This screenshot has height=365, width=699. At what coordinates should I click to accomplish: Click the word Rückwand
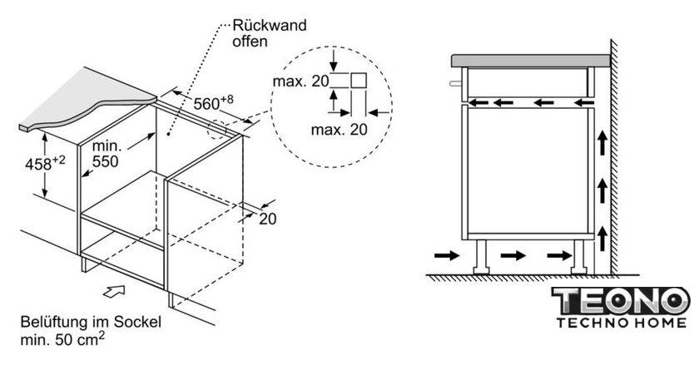tap(270, 26)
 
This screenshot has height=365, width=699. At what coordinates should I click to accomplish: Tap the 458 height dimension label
tap(45, 163)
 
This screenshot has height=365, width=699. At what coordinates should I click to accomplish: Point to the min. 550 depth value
tap(106, 154)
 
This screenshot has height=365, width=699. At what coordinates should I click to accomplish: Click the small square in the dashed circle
tap(359, 80)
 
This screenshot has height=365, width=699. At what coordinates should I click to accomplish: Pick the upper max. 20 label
tap(300, 81)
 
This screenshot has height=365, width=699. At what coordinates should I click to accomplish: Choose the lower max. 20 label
tap(339, 130)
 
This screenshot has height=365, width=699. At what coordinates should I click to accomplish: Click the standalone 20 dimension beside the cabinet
tap(267, 219)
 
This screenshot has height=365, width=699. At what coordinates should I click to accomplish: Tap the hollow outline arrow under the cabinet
tap(114, 291)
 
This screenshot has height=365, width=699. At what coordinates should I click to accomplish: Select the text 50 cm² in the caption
tap(80, 339)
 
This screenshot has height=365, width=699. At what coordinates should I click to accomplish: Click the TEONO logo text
tap(621, 301)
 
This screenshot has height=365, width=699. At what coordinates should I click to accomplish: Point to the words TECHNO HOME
tap(621, 323)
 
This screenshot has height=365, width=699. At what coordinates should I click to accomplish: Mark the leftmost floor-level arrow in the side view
tap(447, 255)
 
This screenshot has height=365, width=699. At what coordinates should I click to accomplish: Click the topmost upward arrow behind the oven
tap(602, 143)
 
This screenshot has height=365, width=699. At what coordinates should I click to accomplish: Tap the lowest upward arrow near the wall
tap(602, 239)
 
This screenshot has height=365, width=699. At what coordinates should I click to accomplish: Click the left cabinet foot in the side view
tap(482, 256)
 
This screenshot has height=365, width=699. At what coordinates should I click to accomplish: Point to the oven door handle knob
tap(456, 83)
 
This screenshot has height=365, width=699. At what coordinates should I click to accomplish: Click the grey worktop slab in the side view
tap(531, 61)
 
